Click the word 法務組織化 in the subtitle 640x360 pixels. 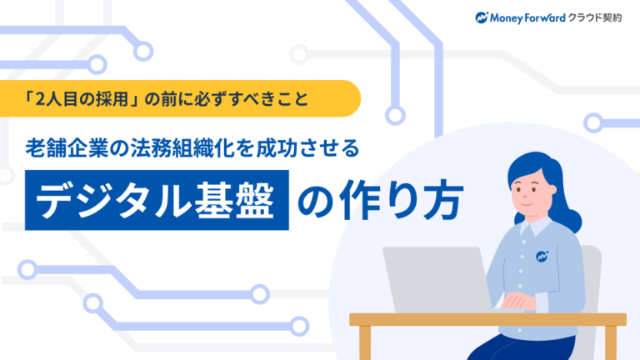click(197, 148)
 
